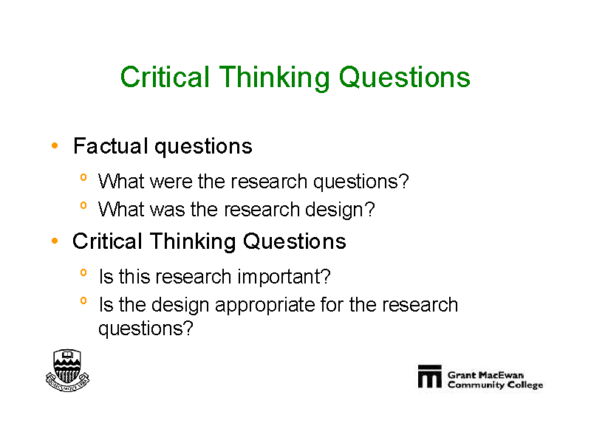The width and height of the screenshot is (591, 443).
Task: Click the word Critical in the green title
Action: (x=165, y=77)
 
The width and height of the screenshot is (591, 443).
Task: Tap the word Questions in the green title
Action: (x=404, y=78)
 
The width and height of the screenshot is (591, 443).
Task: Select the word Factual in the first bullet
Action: (x=110, y=145)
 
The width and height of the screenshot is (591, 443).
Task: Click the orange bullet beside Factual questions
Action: (x=55, y=145)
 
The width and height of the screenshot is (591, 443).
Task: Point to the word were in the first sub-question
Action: (x=171, y=181)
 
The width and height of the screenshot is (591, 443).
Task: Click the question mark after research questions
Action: (x=403, y=181)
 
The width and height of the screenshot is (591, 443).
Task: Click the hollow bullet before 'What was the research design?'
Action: (x=83, y=205)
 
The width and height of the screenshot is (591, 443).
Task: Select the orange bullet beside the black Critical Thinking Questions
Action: (x=55, y=241)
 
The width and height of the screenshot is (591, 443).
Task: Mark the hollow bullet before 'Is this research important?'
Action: (x=83, y=272)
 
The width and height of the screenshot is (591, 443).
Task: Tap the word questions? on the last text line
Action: (x=146, y=329)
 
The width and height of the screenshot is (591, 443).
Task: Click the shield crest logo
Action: (x=67, y=371)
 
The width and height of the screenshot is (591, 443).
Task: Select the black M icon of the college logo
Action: (x=429, y=376)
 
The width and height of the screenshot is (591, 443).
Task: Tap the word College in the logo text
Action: (x=525, y=385)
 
